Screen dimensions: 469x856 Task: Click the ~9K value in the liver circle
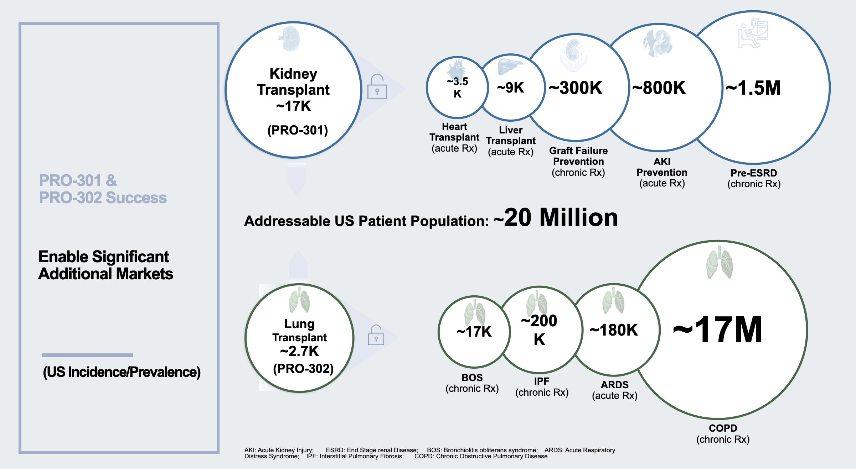tap(511, 88)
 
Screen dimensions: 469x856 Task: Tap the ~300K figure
tap(576, 88)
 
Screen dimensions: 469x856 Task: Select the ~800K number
tap(659, 88)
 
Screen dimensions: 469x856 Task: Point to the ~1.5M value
tap(753, 88)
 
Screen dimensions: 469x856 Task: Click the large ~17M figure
tap(717, 330)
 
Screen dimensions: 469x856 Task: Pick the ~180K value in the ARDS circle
tap(614, 330)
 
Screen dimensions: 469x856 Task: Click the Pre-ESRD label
tap(754, 173)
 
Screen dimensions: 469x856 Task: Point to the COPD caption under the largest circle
tap(723, 428)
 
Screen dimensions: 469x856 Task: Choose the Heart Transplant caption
tap(454, 132)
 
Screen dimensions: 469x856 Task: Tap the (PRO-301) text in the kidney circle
tap(298, 130)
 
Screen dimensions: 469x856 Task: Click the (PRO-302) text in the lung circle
tap(303, 368)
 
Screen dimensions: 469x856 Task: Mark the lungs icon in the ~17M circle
tap(719, 264)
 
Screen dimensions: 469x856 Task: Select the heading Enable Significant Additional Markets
tap(105, 265)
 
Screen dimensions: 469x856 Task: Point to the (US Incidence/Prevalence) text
tap(122, 372)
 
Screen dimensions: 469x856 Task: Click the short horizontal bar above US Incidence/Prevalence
tap(87, 355)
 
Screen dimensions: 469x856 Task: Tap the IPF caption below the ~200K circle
tap(542, 381)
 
